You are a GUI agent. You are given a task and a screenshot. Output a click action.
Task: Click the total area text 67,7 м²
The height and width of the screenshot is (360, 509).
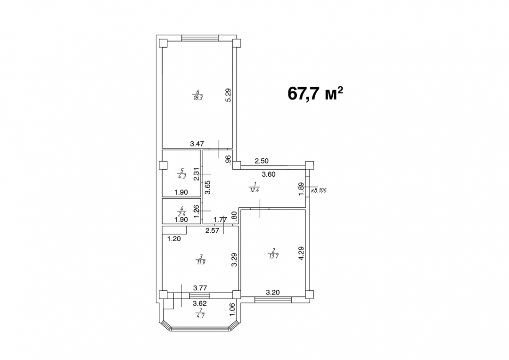pos(315,93)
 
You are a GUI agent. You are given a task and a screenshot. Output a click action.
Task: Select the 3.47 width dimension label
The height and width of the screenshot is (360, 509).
pos(197,144)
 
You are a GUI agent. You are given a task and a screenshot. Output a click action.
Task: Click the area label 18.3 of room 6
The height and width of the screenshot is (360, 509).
pos(198,98)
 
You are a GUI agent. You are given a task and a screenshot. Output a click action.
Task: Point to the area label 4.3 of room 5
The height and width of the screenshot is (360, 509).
pos(182,176)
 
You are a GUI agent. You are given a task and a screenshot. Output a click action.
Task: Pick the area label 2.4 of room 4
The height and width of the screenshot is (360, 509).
pos(182,214)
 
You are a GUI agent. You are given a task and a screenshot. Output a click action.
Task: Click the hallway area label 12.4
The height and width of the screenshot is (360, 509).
pos(254,190)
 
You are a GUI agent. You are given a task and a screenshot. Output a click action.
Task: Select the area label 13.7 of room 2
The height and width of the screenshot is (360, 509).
pos(273,256)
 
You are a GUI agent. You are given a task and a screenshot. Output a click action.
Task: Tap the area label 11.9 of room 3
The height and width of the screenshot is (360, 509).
pos(201,262)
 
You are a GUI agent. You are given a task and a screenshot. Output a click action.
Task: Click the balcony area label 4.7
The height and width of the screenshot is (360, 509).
pos(200,315)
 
